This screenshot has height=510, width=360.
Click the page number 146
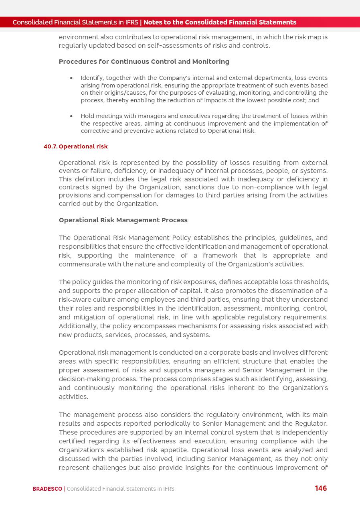(x=321, y=488)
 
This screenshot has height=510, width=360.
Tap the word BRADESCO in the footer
(x=47, y=489)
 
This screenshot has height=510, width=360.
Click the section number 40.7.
(x=51, y=146)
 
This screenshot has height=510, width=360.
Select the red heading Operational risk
(x=83, y=146)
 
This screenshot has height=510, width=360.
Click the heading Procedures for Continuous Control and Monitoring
(x=144, y=62)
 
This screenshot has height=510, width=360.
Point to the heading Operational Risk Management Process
(x=123, y=220)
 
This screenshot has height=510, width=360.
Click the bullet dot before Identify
(x=71, y=78)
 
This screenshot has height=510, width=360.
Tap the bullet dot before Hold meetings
(x=71, y=116)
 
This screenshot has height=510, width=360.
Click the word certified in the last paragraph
(x=73, y=441)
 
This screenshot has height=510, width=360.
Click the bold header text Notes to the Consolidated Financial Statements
(x=220, y=22)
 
